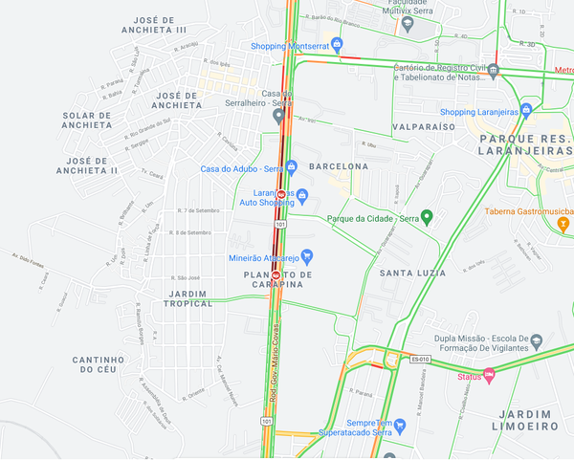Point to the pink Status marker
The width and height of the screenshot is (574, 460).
tap(490, 376)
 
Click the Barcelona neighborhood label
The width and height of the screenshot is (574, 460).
tap(339, 166)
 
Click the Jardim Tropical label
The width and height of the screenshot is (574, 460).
tap(188, 297)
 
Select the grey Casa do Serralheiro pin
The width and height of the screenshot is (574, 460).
tap(278, 117)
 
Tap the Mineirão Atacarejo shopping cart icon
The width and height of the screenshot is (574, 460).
tap(307, 255)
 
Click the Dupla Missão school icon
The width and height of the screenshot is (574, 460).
tap(536, 340)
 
